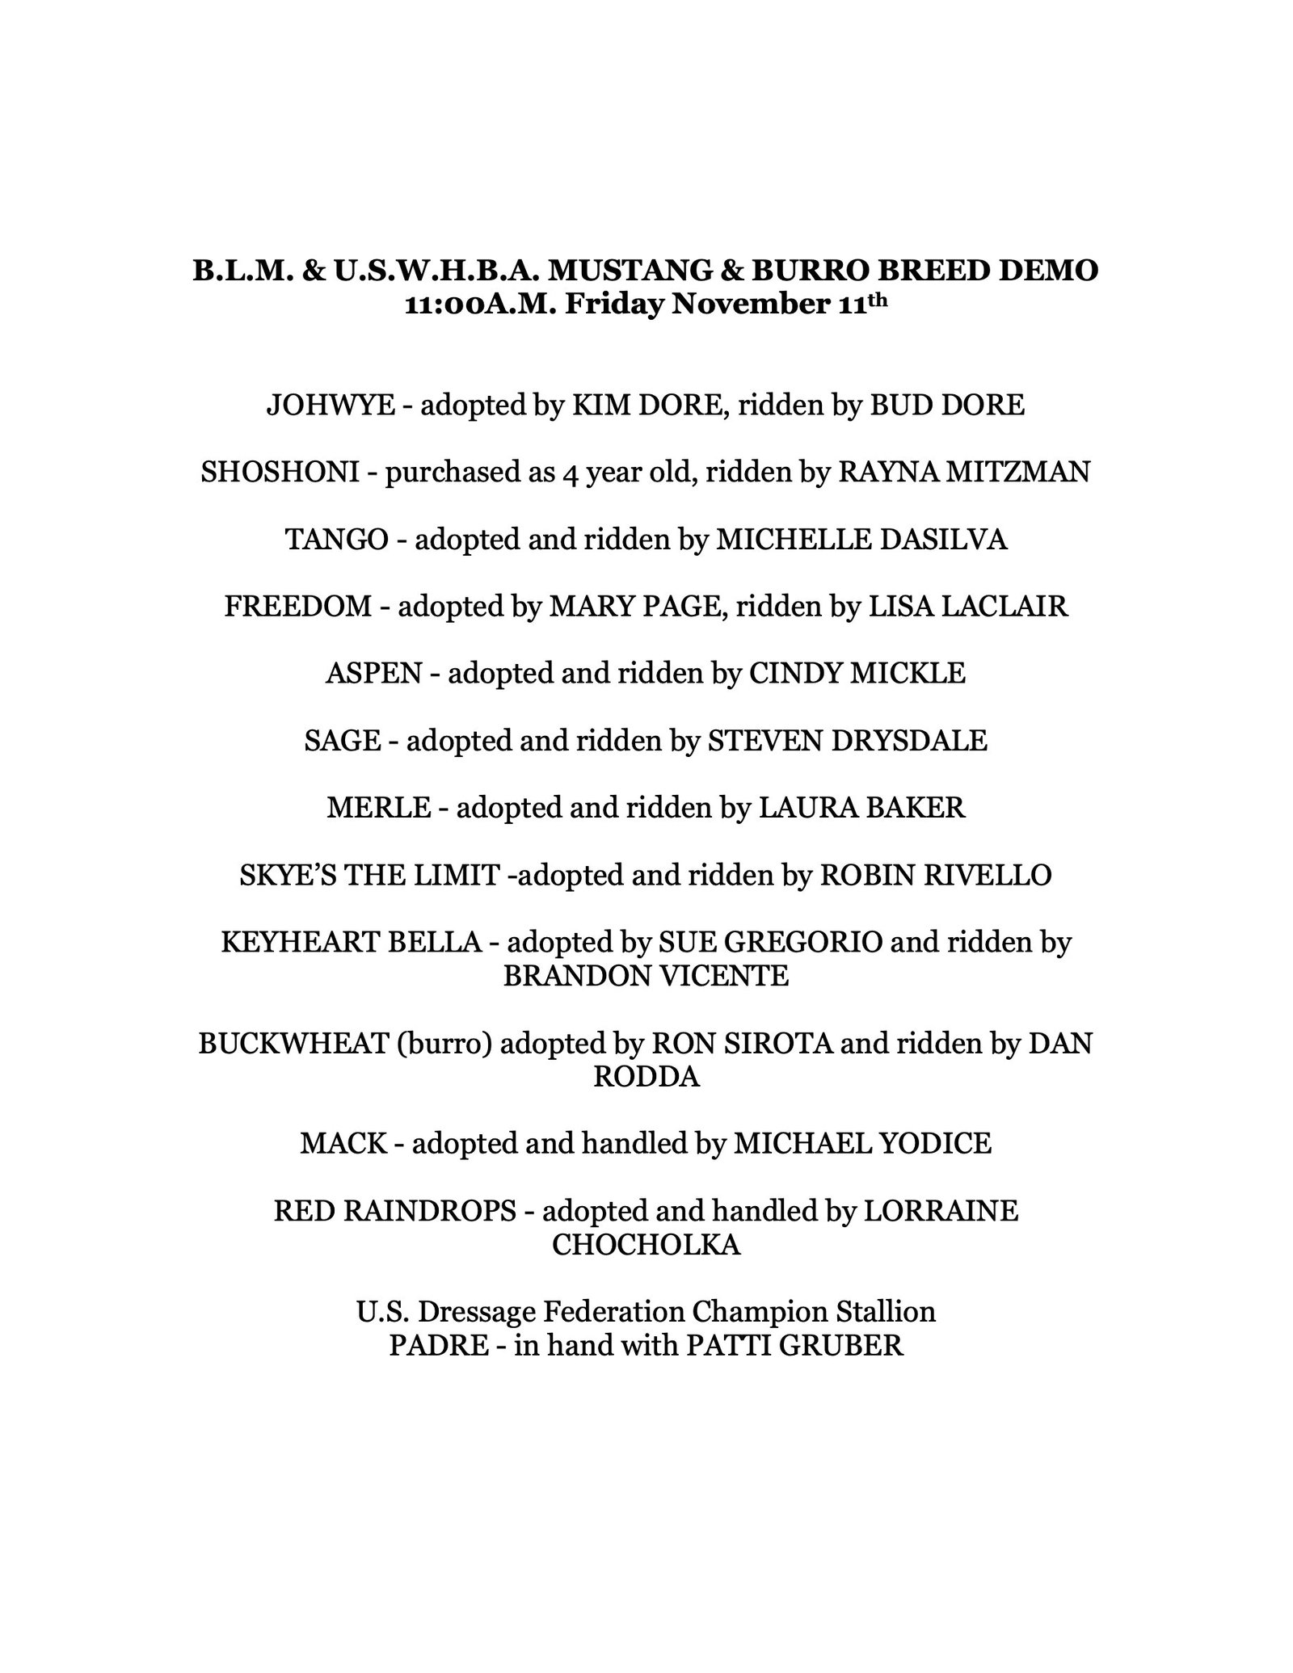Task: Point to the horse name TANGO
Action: click(x=336, y=539)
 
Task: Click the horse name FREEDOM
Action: click(x=297, y=606)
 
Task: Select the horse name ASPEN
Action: click(x=374, y=673)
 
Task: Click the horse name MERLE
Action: click(x=378, y=807)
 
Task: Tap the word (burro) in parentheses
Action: click(x=444, y=1043)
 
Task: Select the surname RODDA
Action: click(x=646, y=1077)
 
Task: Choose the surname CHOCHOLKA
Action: click(x=646, y=1245)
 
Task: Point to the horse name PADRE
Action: click(x=434, y=1345)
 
